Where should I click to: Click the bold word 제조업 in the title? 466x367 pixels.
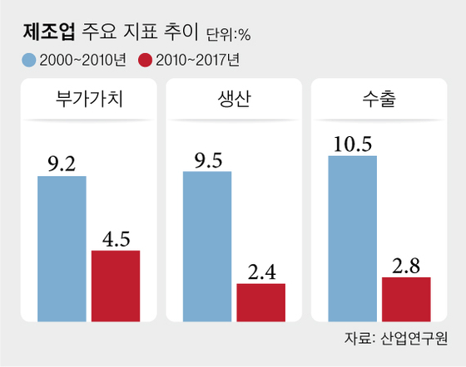(x=51, y=33)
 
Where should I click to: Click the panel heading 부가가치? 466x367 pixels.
(x=88, y=101)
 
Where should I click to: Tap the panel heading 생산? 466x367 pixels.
(x=233, y=101)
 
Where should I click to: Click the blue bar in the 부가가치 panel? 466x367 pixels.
(x=62, y=247)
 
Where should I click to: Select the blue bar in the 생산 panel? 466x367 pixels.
(x=207, y=245)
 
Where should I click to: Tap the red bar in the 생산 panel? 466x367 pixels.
(x=260, y=301)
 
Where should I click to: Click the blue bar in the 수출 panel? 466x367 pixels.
(x=352, y=237)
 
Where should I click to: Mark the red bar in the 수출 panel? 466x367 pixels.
(x=406, y=298)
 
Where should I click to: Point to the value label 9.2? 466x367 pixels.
(x=62, y=163)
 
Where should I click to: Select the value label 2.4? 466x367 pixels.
(x=260, y=272)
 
